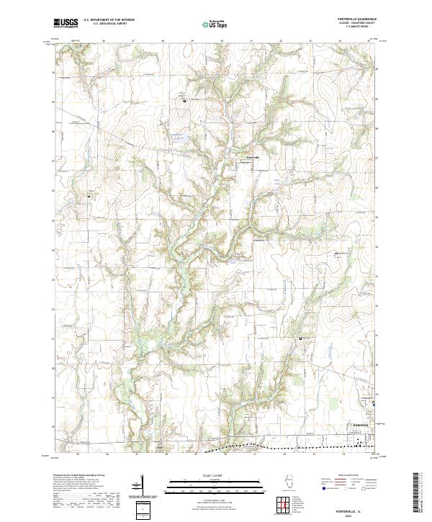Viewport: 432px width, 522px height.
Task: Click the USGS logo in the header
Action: coord(65,23)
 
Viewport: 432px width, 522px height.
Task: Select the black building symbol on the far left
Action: coord(89,195)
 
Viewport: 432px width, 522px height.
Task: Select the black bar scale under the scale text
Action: coord(215,481)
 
